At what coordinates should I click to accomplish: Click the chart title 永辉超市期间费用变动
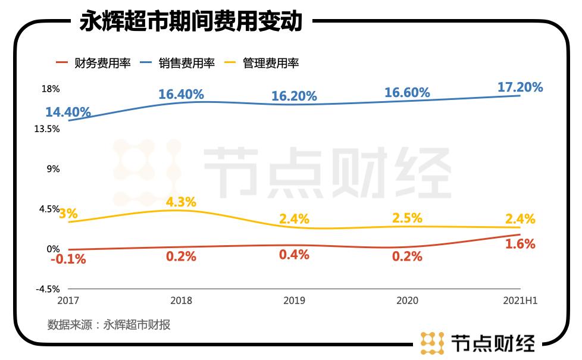191,22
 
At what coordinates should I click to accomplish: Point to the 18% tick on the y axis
51,89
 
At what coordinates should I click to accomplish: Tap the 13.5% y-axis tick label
47,129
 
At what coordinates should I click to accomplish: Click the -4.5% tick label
47,289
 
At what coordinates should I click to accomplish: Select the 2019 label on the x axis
294,300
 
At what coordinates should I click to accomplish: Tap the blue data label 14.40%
68,112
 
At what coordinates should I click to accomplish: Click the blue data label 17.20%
520,87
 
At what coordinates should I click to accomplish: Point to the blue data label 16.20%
294,96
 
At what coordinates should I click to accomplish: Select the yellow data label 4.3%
181,202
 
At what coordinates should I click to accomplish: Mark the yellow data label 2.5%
407,218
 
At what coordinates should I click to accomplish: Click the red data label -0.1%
68,259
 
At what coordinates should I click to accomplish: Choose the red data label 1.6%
520,244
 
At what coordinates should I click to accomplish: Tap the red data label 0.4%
294,255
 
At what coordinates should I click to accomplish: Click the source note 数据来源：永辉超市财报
109,325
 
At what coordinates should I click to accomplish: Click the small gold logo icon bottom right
432,343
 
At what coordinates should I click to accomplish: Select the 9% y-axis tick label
53,169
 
